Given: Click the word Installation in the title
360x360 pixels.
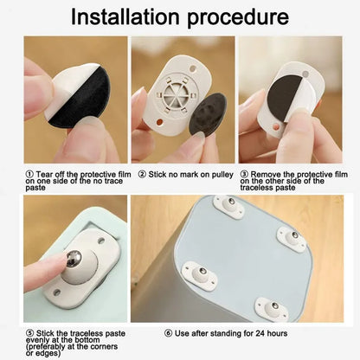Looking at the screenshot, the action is pos(125,16).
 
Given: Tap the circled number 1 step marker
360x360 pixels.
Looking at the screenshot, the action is pos(29,174).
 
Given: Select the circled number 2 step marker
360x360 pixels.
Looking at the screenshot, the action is pos(142,174).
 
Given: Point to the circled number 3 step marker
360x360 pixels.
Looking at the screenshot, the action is pos(244,174).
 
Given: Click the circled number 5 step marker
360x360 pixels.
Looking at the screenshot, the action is pos(30,333).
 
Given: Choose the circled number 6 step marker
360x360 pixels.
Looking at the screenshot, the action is pos(169,333).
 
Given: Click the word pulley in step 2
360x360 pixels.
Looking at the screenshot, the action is pos(222,175).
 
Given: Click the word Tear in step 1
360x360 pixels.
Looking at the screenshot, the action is pos(44,174).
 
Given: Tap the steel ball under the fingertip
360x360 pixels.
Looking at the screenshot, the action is pos(74,258).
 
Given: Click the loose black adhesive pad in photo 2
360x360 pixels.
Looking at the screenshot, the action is pos(208,114).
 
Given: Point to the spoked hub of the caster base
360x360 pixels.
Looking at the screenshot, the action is pos(176,93).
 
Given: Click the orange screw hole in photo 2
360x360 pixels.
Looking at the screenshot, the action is pos(159,122).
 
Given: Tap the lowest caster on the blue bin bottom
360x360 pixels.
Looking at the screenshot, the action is pos(272,309).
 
